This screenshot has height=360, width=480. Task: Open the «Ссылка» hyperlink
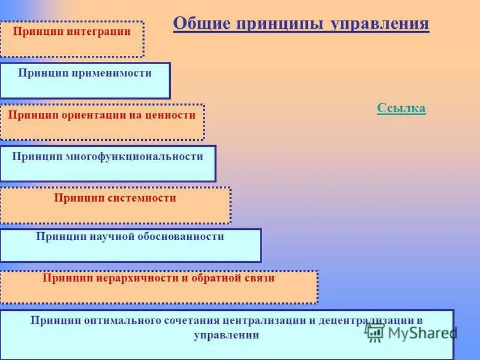click(401, 109)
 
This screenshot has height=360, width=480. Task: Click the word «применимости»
click(112, 73)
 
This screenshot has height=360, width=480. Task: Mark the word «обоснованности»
click(183, 237)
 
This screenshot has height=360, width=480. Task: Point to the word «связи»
click(259, 278)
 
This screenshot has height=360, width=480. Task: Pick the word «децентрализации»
click(367, 320)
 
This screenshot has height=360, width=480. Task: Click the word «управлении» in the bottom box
click(227, 335)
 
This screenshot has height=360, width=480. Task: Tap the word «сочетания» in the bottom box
click(191, 320)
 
